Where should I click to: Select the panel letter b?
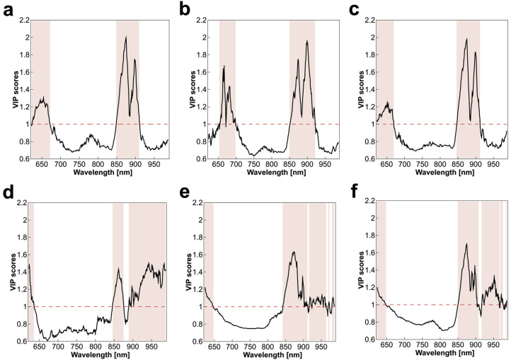click(x=183, y=10)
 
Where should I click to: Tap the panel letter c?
click(x=357, y=10)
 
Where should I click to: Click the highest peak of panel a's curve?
click(x=125, y=37)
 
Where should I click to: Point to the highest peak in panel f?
click(x=466, y=244)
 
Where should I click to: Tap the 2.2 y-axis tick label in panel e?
click(x=194, y=202)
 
